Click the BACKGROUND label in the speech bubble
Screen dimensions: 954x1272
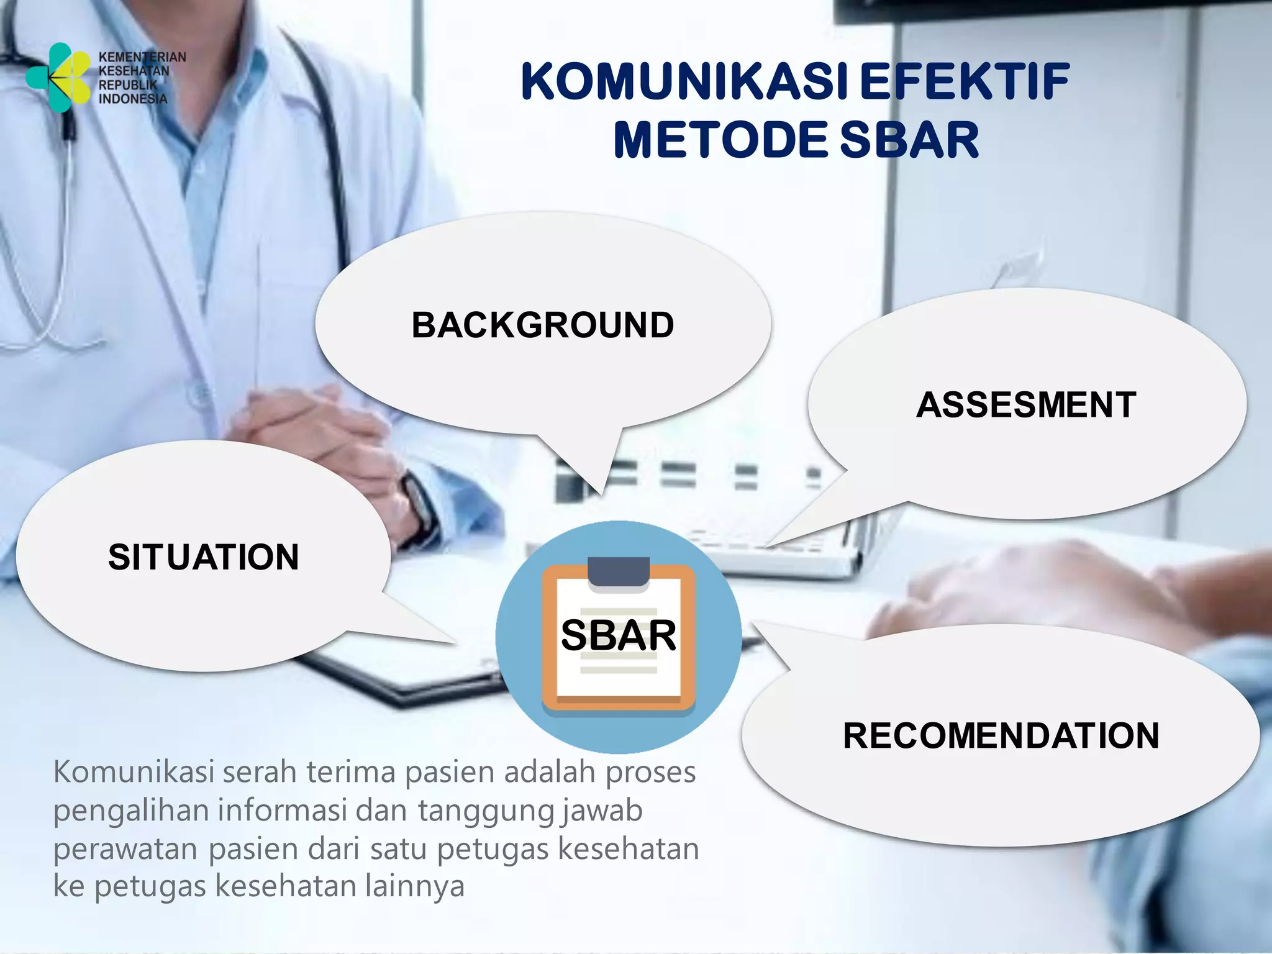[542, 325]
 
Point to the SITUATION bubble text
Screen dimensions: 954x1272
[203, 556]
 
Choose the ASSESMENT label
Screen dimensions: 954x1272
[1026, 405]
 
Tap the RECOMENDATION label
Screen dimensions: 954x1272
[1001, 735]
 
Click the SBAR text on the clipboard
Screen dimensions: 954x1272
[618, 635]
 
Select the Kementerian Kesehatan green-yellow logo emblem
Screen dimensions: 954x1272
[57, 77]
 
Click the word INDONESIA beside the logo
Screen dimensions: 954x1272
[133, 99]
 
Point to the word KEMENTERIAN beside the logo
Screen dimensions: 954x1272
[142, 57]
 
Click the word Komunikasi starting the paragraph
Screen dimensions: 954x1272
[134, 772]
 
